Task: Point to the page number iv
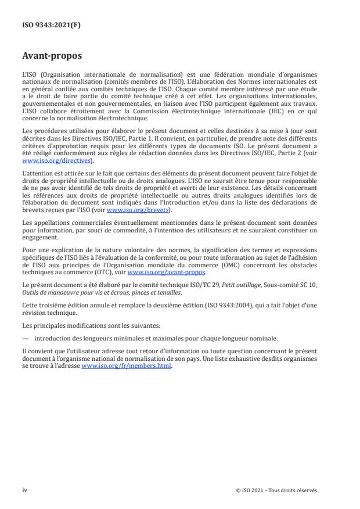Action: [25, 490]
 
